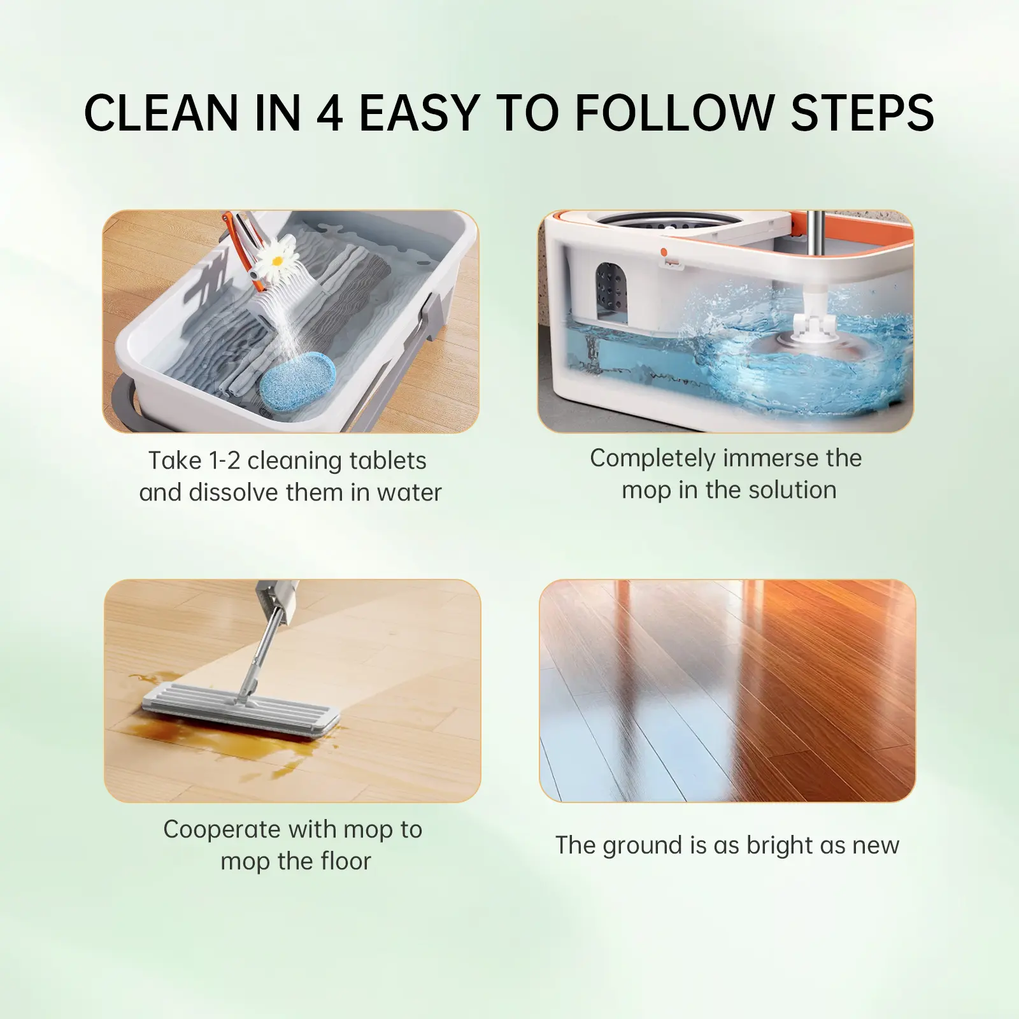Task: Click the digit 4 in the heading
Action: (329, 113)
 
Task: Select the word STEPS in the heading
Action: (862, 113)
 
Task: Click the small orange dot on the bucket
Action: (663, 252)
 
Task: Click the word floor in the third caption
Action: (339, 862)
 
